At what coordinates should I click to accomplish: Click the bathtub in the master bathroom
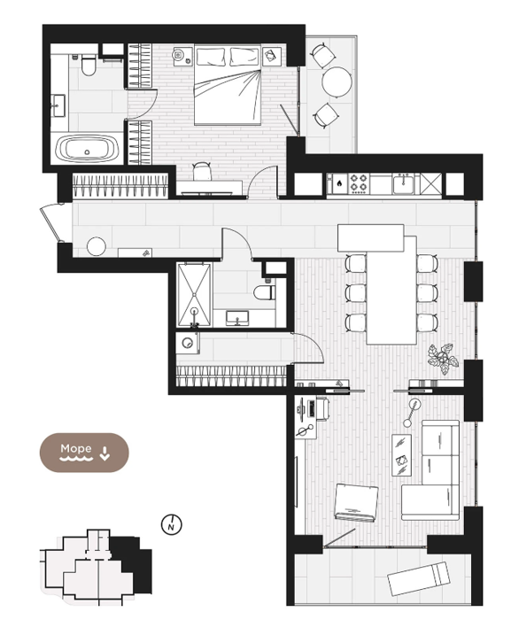(88, 149)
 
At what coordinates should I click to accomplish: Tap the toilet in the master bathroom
(89, 66)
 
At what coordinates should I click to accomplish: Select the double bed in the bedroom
(228, 85)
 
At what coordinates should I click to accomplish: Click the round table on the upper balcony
(337, 82)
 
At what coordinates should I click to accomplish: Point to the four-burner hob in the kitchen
(359, 183)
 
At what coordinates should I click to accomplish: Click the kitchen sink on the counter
(403, 184)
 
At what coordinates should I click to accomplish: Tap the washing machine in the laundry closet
(188, 343)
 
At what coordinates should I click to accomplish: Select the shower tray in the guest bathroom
(194, 295)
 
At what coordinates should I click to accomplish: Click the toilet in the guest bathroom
(265, 291)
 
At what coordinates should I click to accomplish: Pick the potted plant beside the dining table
(443, 359)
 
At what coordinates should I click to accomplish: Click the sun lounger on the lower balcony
(419, 578)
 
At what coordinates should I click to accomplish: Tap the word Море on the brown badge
(76, 448)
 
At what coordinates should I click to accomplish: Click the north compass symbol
(172, 524)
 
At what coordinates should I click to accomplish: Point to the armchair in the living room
(355, 503)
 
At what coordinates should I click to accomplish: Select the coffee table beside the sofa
(401, 454)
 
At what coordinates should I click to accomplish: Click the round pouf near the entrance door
(97, 247)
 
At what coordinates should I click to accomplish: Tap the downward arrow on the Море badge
(105, 453)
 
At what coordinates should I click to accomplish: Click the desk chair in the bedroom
(203, 172)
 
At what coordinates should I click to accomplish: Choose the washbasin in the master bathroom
(58, 105)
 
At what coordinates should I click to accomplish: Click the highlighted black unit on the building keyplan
(133, 562)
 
